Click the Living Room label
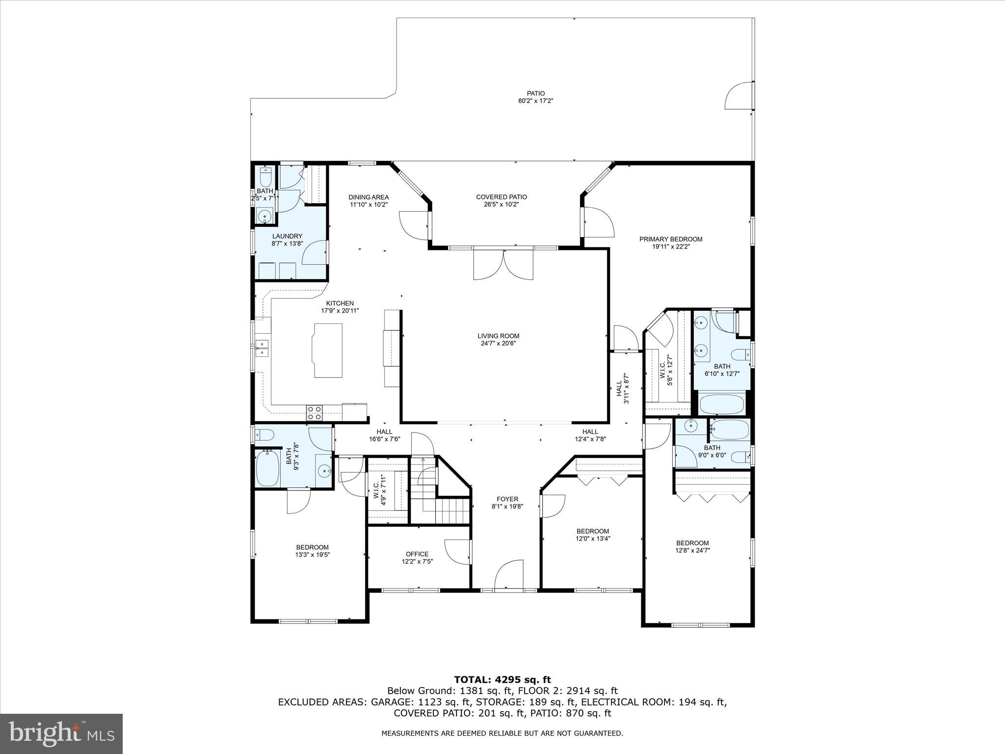[498, 336]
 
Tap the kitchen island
[327, 350]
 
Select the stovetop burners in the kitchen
[314, 412]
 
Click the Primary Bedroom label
[670, 240]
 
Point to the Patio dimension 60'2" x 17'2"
[536, 101]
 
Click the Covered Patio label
[501, 197]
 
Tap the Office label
[417, 554]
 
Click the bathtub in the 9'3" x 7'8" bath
[267, 469]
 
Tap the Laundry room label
[287, 236]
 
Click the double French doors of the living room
[503, 265]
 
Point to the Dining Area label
[369, 197]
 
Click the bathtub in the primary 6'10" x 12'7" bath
[722, 404]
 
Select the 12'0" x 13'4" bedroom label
[592, 531]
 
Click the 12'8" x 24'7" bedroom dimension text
[692, 550]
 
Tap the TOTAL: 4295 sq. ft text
[502, 680]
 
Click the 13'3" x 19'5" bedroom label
[312, 547]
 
